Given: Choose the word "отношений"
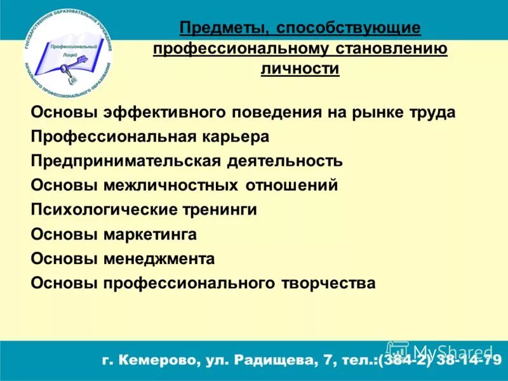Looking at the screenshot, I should [289, 185].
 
